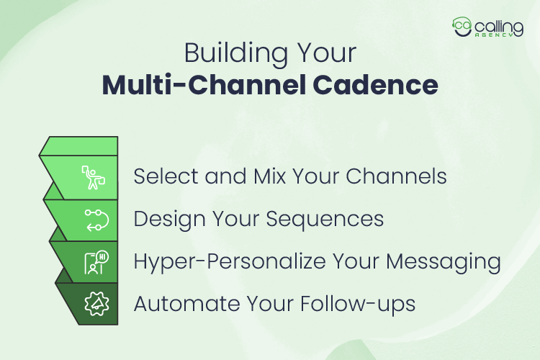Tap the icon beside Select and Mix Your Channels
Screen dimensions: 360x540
click(94, 176)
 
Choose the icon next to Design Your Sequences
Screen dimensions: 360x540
click(94, 218)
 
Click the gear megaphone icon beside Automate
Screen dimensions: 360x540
click(96, 302)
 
